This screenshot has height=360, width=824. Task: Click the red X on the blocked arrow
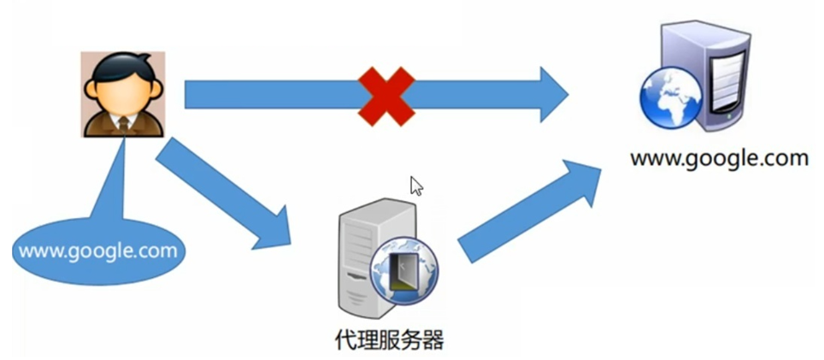coord(386,95)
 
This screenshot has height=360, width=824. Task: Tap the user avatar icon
coord(123,93)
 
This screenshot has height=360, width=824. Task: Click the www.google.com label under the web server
coord(719,158)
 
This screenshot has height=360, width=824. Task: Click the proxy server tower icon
coord(363,257)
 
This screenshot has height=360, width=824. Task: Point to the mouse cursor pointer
coord(416,186)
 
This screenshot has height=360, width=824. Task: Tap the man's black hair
coord(123,64)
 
